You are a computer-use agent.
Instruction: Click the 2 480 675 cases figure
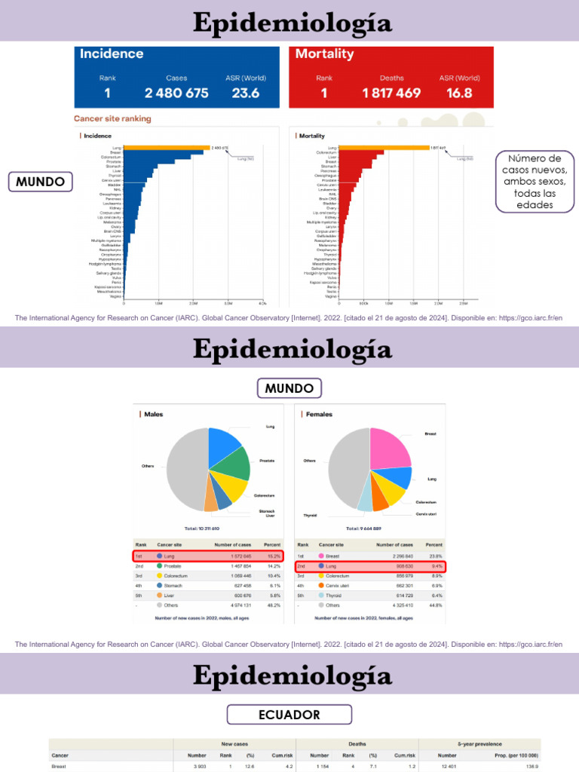click(x=176, y=93)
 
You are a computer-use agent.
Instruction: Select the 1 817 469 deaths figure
click(x=391, y=93)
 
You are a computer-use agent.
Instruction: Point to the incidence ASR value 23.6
click(x=246, y=93)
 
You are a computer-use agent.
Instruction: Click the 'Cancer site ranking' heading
click(x=112, y=118)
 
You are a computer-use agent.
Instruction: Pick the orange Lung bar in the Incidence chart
click(x=166, y=148)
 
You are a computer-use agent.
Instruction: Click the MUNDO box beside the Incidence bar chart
click(x=41, y=182)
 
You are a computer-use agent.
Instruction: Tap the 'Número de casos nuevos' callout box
click(x=535, y=182)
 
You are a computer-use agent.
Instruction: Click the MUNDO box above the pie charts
click(x=289, y=388)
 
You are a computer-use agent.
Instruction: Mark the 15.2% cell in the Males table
click(x=271, y=556)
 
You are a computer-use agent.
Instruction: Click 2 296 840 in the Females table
click(x=397, y=556)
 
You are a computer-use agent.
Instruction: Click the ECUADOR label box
click(x=289, y=715)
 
